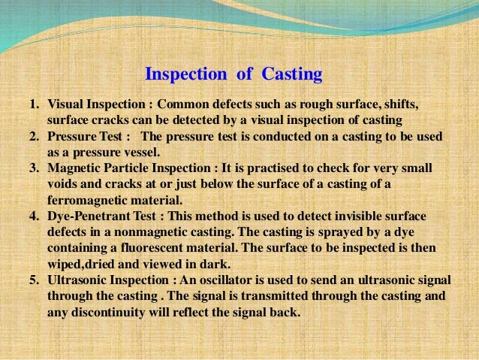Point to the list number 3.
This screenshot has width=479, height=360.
pos(34,168)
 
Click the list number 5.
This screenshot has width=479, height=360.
pos(34,279)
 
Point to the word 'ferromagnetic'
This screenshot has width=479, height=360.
pos(85,200)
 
